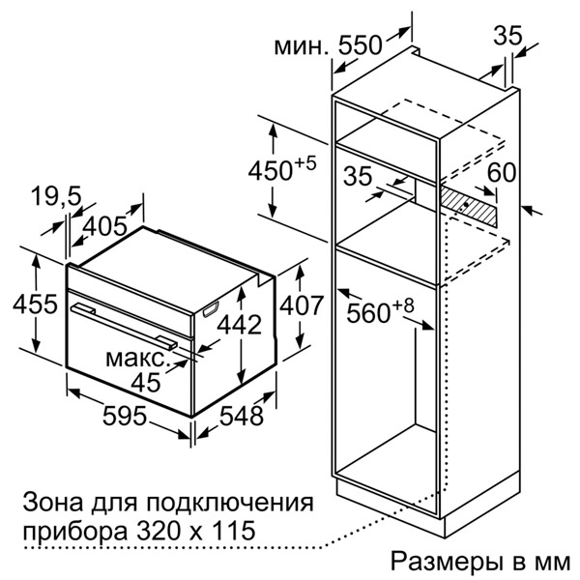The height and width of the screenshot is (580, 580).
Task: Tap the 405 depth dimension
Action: pyautogui.click(x=106, y=226)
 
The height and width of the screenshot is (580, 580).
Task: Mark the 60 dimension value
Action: pyautogui.click(x=501, y=173)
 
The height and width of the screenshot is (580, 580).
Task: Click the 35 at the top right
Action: pyautogui.click(x=507, y=36)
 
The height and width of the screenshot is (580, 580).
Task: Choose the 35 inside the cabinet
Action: pyautogui.click(x=359, y=177)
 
